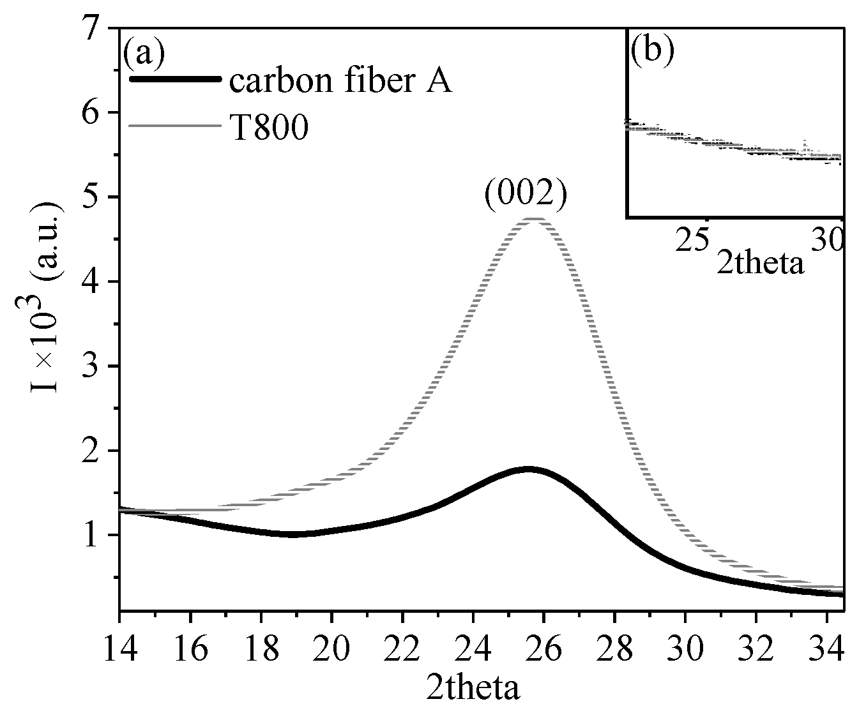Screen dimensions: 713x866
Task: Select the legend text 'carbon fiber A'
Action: click(341, 81)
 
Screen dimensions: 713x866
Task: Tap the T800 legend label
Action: click(268, 128)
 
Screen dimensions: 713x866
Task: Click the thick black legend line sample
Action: click(175, 79)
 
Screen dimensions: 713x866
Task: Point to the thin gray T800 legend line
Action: click(175, 126)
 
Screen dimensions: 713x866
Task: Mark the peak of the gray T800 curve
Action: click(534, 219)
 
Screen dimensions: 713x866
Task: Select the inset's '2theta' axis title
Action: click(760, 262)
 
